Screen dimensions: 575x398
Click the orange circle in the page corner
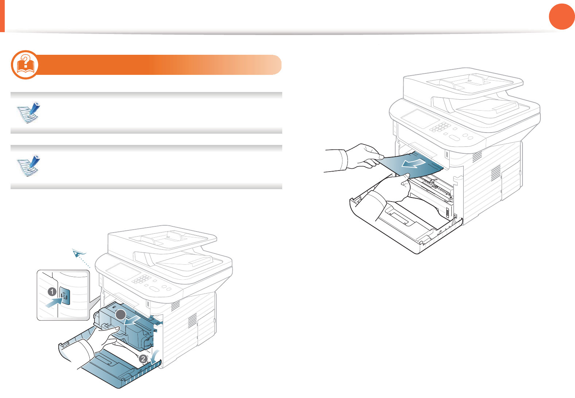pos(562,16)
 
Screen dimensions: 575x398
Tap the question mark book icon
pos(25,65)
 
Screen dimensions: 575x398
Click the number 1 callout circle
pos(52,292)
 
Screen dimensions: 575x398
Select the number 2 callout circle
pos(143,359)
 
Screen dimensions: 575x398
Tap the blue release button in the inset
pos(65,296)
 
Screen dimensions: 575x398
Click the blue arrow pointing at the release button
pos(53,302)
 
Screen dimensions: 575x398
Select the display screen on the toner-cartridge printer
pos(123,272)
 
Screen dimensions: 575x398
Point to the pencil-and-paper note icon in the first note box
pos(29,112)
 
